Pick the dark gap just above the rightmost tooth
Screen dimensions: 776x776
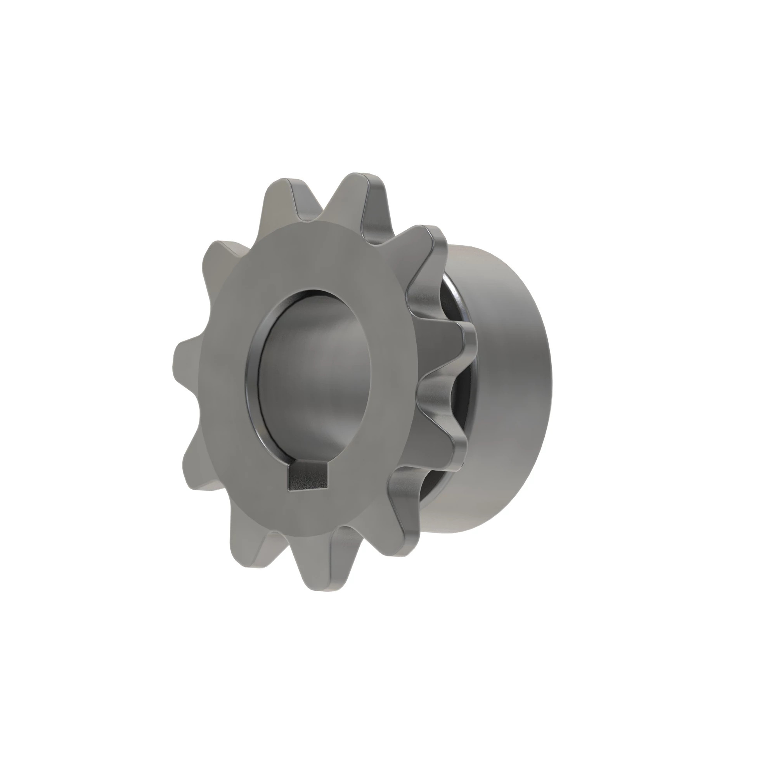[450, 297]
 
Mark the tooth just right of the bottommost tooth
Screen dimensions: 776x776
[402, 530]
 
